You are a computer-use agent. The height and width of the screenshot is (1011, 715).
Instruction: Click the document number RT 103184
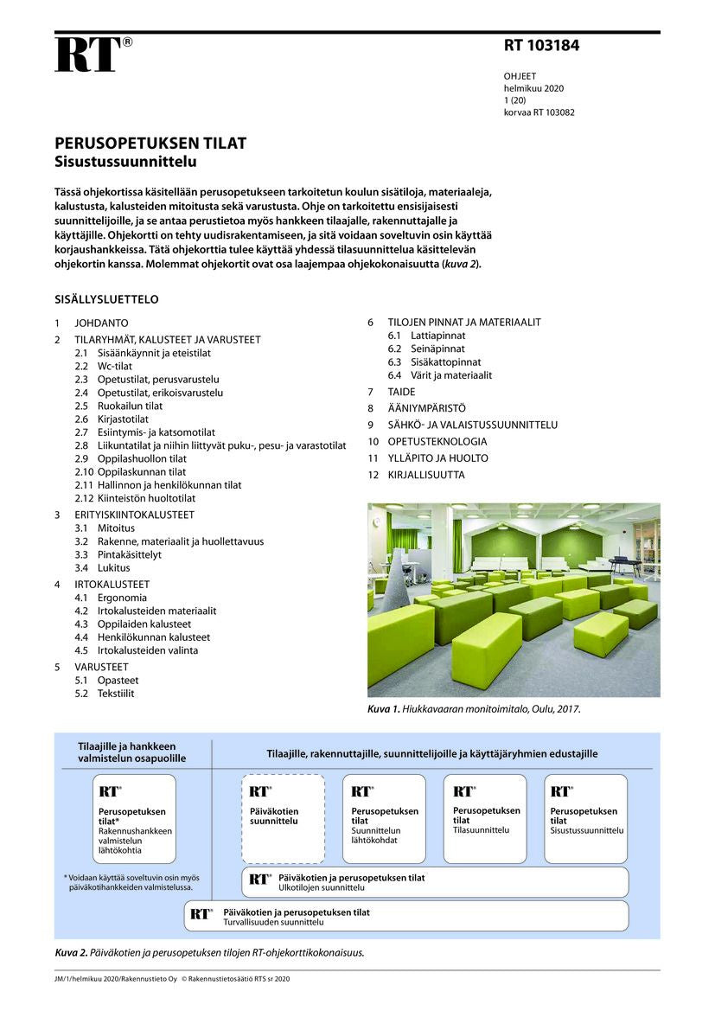(x=541, y=46)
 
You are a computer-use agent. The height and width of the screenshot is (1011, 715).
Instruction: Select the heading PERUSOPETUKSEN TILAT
(x=150, y=144)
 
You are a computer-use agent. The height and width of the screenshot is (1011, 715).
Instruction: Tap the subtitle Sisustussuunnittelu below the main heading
(x=125, y=161)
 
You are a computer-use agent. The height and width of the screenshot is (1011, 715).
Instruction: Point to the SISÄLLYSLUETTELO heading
(x=106, y=299)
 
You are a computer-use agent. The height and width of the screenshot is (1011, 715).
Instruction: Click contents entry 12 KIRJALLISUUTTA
(x=425, y=475)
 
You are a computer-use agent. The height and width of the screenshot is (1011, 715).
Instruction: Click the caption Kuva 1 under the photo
(x=473, y=709)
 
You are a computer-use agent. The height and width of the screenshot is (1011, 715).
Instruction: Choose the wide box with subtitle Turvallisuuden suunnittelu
(x=405, y=916)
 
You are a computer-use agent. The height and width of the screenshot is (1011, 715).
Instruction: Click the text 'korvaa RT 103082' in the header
(x=539, y=112)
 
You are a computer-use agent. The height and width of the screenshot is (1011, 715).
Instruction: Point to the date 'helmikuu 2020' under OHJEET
(x=533, y=88)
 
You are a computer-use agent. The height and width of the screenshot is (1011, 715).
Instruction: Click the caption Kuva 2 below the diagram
(x=209, y=953)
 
